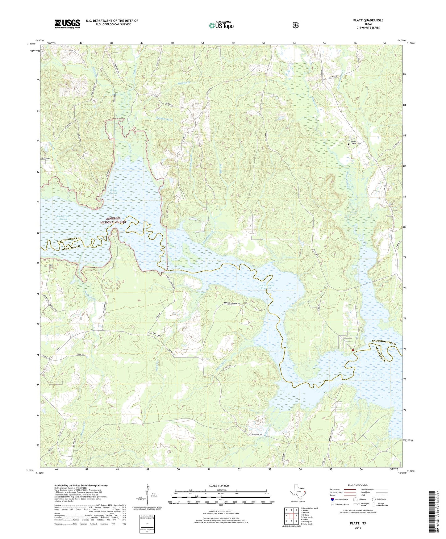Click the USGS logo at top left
click(67, 24)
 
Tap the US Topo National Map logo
click(221, 25)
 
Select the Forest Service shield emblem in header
click(295, 25)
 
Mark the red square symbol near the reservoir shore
click(353, 350)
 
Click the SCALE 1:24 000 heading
click(219, 486)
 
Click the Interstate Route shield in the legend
click(332, 499)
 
